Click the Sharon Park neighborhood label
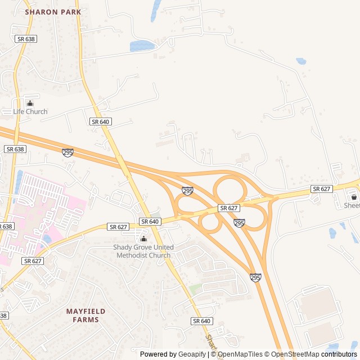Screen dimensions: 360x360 (53, 12)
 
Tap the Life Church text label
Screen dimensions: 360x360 (30, 111)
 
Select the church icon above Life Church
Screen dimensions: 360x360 (30, 103)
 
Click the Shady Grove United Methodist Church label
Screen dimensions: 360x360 (143, 251)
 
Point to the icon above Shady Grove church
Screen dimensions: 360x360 (143, 239)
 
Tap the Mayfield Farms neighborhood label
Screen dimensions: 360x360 (85, 315)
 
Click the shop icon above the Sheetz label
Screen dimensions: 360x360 (354, 197)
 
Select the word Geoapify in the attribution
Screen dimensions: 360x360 (192, 354)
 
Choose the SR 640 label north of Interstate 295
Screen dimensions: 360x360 (100, 121)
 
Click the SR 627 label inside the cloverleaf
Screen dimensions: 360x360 (229, 208)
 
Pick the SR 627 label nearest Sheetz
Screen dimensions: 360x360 (321, 189)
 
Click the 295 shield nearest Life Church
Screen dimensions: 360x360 (67, 152)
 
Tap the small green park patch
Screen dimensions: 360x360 (195, 289)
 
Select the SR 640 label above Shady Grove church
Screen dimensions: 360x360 (150, 222)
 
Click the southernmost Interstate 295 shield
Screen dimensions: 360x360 (255, 277)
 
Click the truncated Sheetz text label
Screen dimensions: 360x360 (352, 206)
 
